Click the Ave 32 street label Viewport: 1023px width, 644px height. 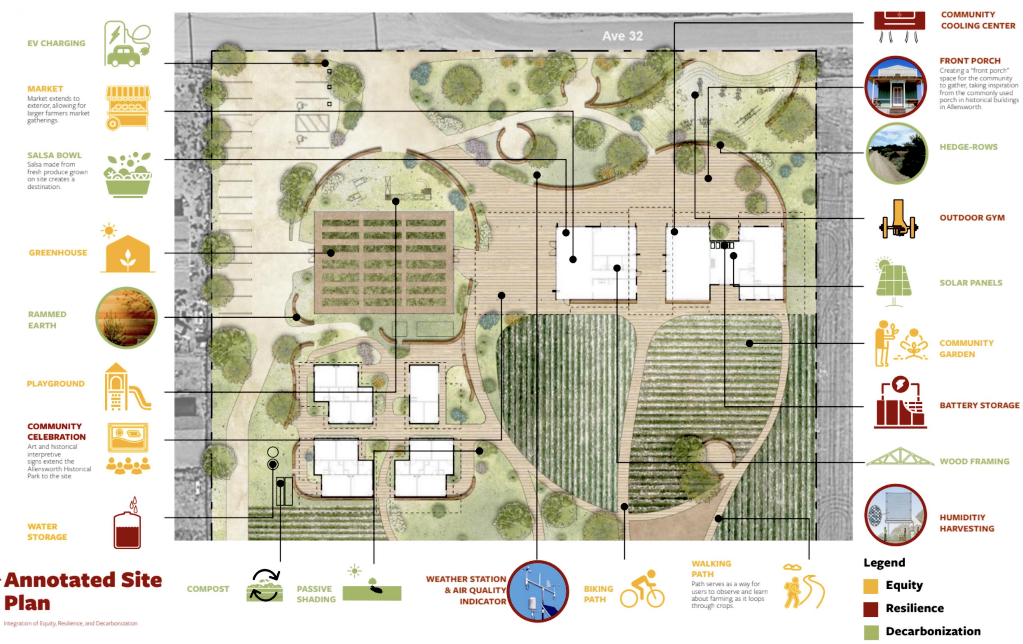tap(622, 36)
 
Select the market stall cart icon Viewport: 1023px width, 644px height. tap(127, 108)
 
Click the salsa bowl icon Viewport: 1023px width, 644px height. tap(127, 174)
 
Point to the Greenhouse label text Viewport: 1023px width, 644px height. tap(58, 253)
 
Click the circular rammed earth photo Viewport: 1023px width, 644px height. tap(126, 317)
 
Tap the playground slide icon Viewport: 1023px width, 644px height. tap(127, 387)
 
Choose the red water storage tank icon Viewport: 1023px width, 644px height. tap(127, 524)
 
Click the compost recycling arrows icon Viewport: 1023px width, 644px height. tap(265, 586)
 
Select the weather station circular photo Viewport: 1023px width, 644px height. tap(537, 591)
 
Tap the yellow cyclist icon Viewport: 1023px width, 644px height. tap(642, 589)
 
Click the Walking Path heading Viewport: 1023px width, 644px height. tap(712, 569)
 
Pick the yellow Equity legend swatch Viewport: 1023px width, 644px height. tap(871, 586)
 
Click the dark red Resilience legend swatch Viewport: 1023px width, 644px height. tap(871, 609)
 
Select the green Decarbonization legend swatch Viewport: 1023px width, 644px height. tap(871, 632)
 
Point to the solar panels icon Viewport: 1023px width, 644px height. tap(893, 281)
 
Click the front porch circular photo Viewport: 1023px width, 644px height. tap(896, 87)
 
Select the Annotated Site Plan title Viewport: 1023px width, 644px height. tap(83, 591)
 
